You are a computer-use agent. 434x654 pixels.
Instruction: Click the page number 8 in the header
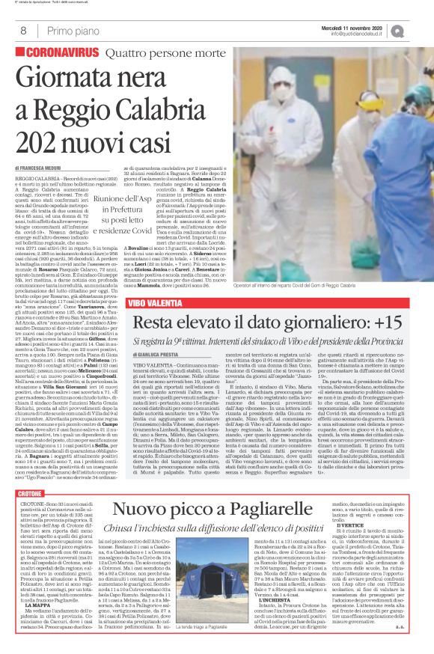(x=23, y=30)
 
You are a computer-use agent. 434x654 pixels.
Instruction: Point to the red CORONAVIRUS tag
(x=58, y=53)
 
